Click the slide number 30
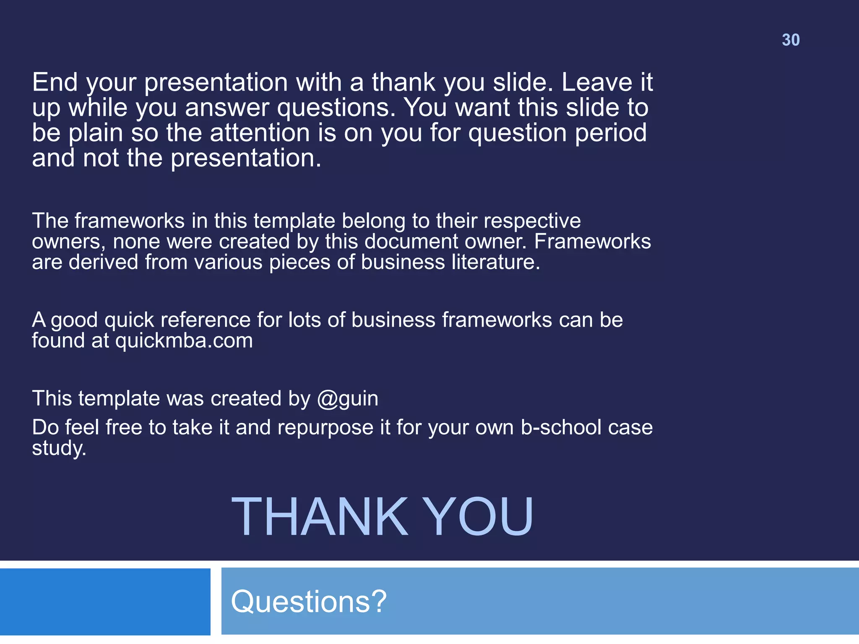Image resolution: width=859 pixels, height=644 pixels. click(x=791, y=40)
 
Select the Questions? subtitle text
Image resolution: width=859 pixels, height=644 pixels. click(x=309, y=601)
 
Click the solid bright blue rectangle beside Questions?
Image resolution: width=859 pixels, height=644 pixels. click(x=105, y=602)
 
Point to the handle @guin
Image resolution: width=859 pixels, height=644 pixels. click(x=348, y=398)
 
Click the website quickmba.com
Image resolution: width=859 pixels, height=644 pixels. click(x=184, y=340)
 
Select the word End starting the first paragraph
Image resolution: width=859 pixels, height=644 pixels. click(x=55, y=82)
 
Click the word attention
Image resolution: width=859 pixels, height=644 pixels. click(x=260, y=133)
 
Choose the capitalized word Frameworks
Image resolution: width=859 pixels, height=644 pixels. click(x=592, y=241)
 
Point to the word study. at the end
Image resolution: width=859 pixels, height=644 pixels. click(x=59, y=448)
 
